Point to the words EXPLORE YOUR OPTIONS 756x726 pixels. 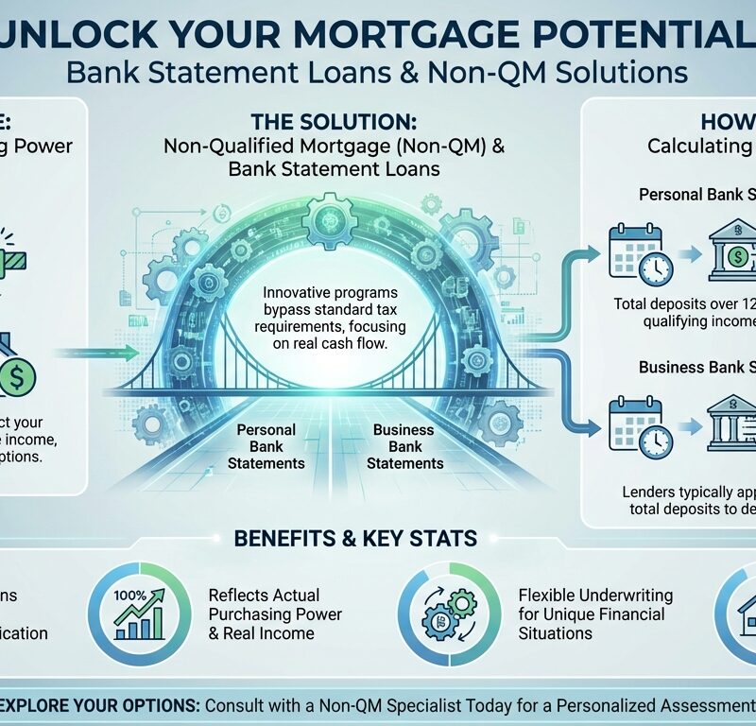[81, 704]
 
